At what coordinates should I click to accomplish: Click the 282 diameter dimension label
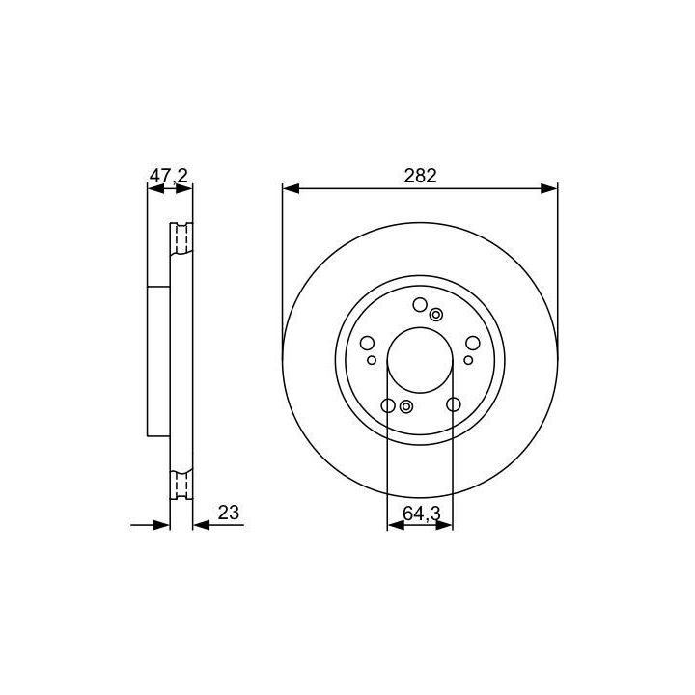click(x=420, y=176)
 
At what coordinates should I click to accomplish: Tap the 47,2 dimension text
click(x=169, y=176)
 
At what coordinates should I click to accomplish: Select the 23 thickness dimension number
click(x=229, y=513)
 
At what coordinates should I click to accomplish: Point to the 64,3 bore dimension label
click(x=422, y=514)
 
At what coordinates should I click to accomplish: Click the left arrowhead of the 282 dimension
click(x=292, y=189)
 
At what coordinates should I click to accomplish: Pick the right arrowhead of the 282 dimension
click(x=548, y=189)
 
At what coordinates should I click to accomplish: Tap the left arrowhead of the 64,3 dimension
click(x=396, y=525)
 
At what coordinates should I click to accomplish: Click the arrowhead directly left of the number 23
click(x=202, y=525)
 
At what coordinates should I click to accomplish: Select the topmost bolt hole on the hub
click(x=420, y=305)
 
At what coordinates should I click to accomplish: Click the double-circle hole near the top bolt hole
click(x=436, y=315)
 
